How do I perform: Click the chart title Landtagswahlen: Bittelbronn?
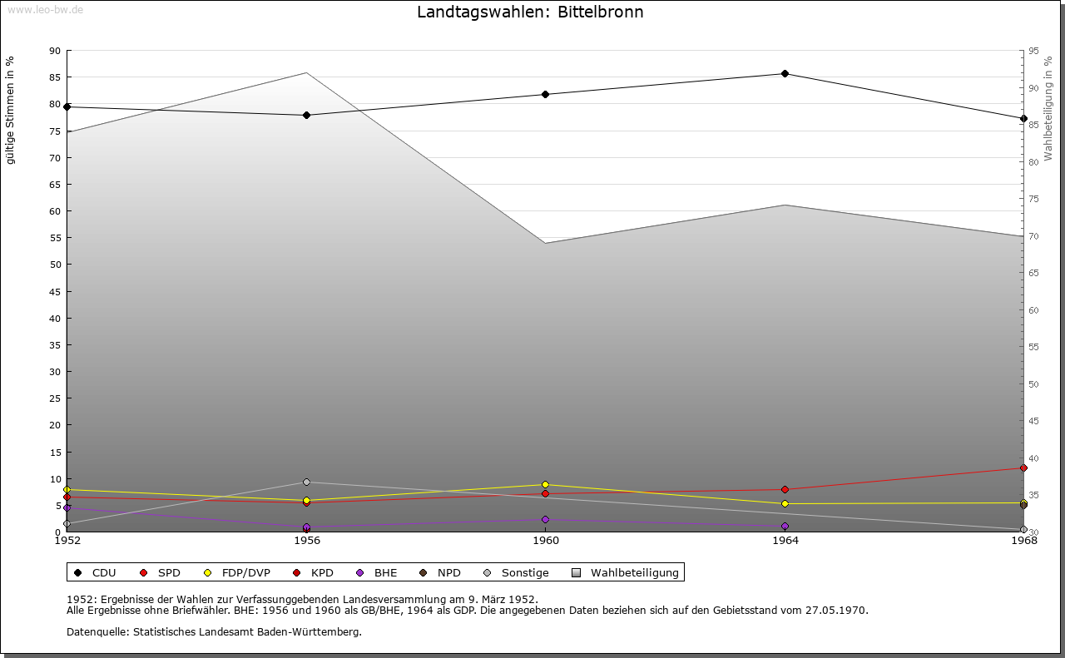[530, 12]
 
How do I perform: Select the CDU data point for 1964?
[785, 74]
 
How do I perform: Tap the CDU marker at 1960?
[546, 94]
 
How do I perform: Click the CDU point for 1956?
[306, 115]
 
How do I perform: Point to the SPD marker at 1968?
[1023, 468]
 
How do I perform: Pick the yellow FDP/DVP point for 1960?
[546, 484]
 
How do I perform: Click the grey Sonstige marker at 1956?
[306, 482]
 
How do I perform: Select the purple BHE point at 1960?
[546, 519]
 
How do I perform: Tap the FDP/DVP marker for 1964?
[785, 503]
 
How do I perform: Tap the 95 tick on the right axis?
[1033, 51]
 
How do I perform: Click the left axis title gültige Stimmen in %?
[11, 111]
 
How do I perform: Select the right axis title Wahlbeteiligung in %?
[1048, 109]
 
